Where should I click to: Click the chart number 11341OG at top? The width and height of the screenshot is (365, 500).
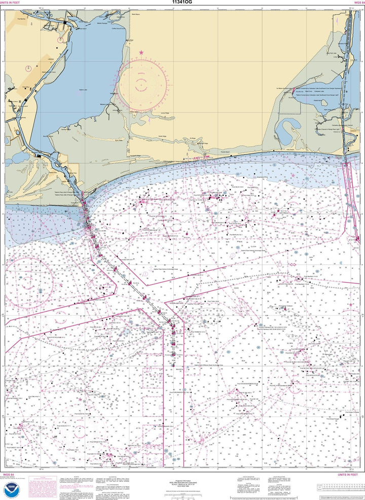[x=182, y=3]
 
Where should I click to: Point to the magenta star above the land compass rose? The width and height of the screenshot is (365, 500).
[x=141, y=52]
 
